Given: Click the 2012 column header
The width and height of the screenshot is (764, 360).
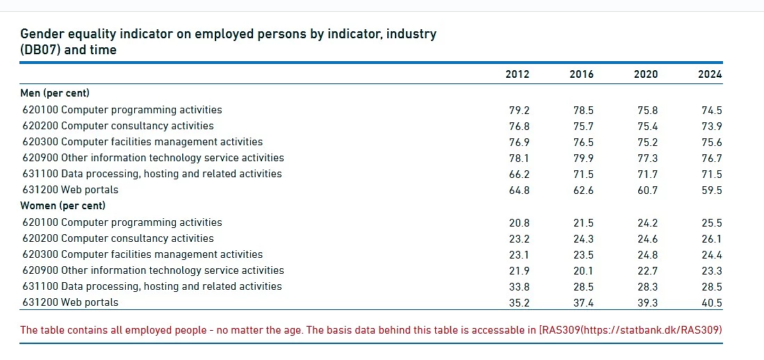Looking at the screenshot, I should coord(517,74).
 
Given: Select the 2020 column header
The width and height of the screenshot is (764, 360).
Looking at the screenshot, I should coord(646,74).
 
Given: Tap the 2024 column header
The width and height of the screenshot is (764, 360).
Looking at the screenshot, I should coord(710,74).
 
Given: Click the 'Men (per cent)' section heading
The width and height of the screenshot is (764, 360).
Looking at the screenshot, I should coord(55,93).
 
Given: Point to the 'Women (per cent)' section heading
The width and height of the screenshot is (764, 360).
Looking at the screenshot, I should coord(63,206).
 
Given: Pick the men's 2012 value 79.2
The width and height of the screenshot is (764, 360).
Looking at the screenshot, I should coord(519,110).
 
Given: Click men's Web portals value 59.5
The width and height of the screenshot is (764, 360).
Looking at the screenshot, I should coord(712,190).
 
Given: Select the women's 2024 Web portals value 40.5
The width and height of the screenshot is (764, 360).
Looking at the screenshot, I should coord(712,302).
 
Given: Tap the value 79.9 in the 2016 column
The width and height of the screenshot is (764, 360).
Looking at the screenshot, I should coord(583,158).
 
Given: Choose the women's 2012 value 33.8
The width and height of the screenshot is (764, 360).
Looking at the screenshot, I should coord(519,286).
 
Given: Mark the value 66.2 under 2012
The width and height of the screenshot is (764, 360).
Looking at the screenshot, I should coord(519,174).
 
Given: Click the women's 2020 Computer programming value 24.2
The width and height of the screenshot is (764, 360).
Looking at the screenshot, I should coord(647,222).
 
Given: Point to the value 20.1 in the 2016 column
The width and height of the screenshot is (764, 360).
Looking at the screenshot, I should coord(583,270).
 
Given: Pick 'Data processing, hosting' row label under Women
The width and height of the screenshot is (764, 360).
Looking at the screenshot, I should coord(152,286).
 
